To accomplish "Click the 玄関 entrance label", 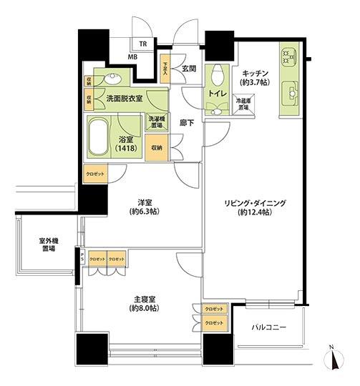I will click(x=189, y=69).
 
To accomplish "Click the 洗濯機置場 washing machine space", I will click(x=157, y=122).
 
